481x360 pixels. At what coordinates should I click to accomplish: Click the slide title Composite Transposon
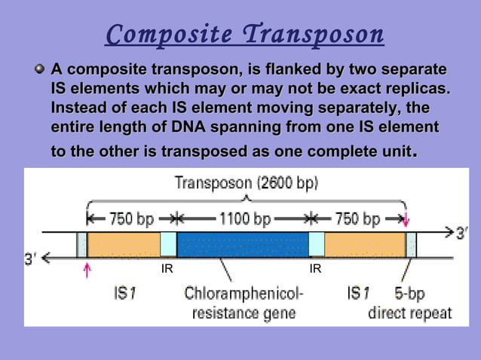point(244,35)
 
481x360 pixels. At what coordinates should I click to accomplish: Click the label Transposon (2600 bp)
point(246,182)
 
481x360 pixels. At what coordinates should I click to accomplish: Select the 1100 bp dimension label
point(244,219)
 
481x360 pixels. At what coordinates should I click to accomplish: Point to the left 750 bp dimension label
point(130,219)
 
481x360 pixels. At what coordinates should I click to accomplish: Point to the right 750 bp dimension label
point(357,219)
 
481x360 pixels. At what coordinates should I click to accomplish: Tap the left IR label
point(169,267)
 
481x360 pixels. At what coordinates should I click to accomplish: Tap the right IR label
point(315,267)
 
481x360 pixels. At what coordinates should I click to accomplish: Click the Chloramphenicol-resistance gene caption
point(243,302)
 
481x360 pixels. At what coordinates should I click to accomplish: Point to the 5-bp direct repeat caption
point(410,302)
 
